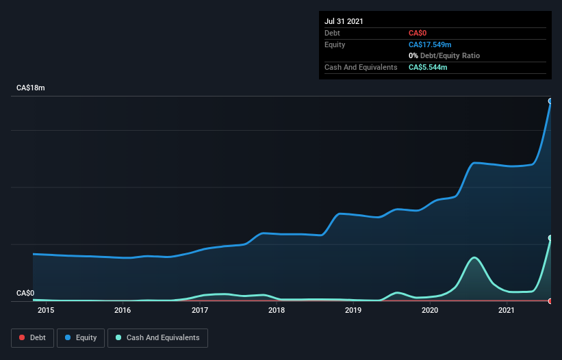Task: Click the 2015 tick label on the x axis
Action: [46, 310]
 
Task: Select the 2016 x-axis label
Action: [123, 310]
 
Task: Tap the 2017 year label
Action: [200, 310]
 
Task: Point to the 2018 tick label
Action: [277, 310]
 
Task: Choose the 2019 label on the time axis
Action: [353, 310]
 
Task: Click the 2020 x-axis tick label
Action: [430, 310]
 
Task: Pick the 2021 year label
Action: [507, 310]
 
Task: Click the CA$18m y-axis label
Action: [31, 88]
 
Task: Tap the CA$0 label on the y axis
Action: [25, 293]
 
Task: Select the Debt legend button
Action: [33, 338]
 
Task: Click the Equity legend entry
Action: [81, 338]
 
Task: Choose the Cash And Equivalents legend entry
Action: [157, 338]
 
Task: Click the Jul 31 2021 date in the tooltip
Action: [344, 21]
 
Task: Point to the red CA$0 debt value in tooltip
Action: [418, 34]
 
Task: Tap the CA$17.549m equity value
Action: [430, 44]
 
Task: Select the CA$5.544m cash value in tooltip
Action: [428, 67]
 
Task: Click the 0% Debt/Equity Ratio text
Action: [444, 56]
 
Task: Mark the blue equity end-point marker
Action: [550, 101]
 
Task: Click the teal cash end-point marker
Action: [550, 238]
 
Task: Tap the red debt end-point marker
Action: [550, 301]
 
